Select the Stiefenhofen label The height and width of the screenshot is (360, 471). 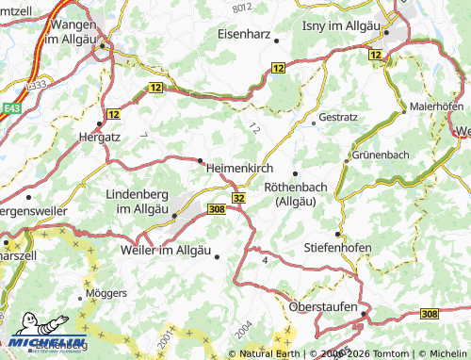coord(337,248)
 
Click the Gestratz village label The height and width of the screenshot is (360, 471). coord(339,118)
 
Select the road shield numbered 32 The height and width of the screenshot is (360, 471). coord(238,198)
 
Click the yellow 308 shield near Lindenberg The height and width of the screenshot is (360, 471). coord(216,209)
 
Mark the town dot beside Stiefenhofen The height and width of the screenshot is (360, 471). coord(338,232)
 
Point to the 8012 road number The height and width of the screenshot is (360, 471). coord(243,8)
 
